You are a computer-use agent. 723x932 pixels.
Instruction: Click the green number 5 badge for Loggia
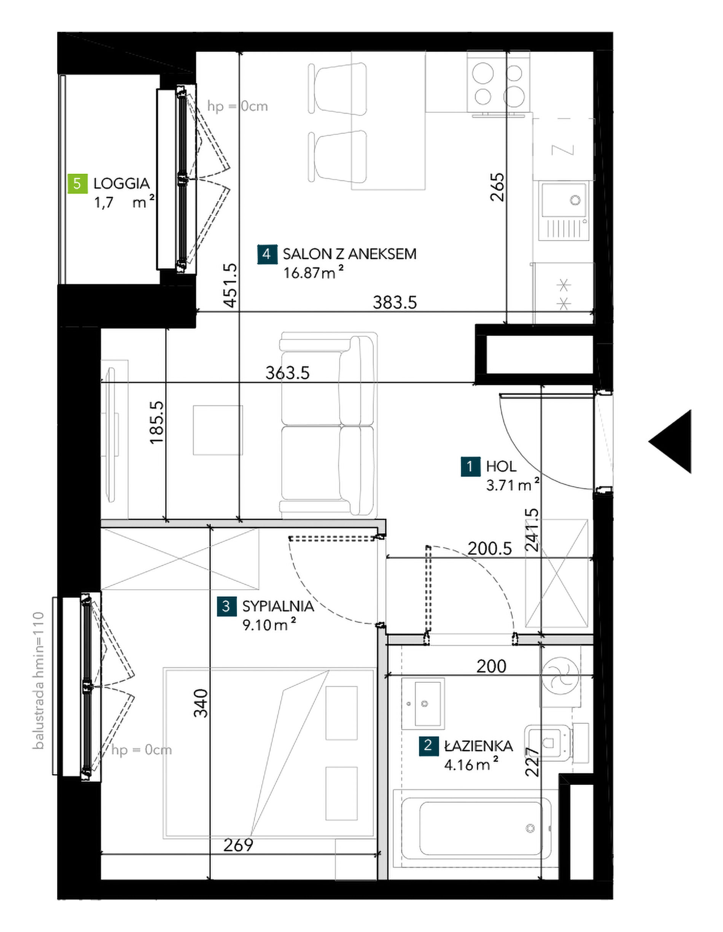click(77, 183)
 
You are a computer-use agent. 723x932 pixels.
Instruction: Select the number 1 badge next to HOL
click(470, 466)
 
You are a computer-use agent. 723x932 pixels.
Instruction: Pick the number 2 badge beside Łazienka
click(428, 746)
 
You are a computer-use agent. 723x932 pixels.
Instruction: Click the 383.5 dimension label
click(395, 302)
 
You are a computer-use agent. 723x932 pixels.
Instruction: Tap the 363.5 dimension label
click(288, 373)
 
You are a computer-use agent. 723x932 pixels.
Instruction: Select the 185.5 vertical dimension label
click(157, 423)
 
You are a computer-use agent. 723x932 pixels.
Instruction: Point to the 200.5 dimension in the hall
click(489, 549)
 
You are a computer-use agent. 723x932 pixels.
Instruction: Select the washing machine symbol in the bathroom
click(561, 676)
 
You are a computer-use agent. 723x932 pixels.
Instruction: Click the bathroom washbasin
click(424, 703)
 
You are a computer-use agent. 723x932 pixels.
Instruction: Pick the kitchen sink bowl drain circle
click(576, 200)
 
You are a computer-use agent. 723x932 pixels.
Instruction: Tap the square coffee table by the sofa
click(218, 430)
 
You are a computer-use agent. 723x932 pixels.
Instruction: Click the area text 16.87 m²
click(314, 272)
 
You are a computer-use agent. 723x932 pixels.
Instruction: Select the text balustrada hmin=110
click(38, 681)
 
